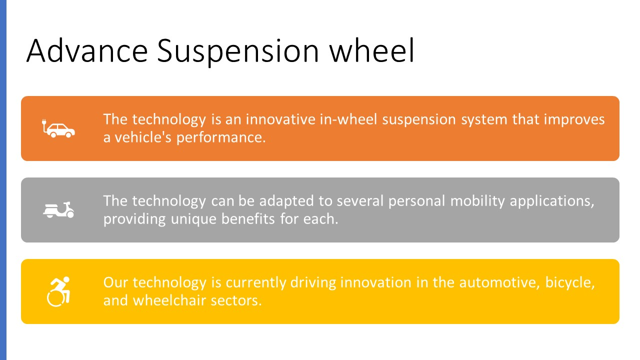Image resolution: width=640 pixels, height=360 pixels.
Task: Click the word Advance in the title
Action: click(x=87, y=50)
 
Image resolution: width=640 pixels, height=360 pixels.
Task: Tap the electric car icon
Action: click(x=58, y=128)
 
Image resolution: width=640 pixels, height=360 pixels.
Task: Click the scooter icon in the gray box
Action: click(x=58, y=209)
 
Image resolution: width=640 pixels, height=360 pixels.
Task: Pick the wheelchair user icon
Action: click(x=58, y=291)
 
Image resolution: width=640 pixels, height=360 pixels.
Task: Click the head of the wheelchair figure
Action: click(x=66, y=279)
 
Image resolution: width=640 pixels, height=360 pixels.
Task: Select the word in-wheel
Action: click(x=348, y=119)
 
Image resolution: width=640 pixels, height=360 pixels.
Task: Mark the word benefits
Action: click(x=247, y=219)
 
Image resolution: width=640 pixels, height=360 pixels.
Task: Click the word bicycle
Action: click(x=570, y=283)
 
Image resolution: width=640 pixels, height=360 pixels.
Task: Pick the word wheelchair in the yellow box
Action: click(x=169, y=300)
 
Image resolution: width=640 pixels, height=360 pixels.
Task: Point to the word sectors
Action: click(x=236, y=301)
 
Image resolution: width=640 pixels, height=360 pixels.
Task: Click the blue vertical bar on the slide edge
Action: click(x=3, y=180)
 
